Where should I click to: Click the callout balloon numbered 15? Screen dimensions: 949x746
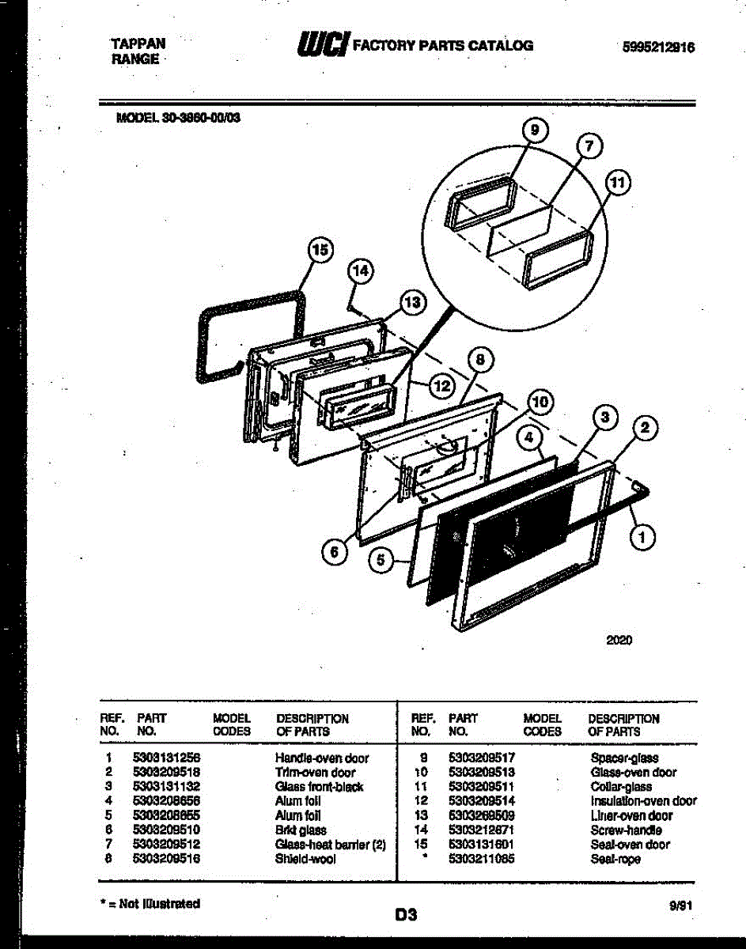pyautogui.click(x=318, y=251)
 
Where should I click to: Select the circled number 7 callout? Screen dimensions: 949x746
pyautogui.click(x=588, y=146)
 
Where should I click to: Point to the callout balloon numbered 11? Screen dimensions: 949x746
pyautogui.click(x=619, y=183)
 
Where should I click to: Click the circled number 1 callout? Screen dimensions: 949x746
pyautogui.click(x=642, y=539)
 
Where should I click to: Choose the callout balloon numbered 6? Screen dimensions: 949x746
pyautogui.click(x=334, y=552)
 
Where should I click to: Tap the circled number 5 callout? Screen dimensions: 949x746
pyautogui.click(x=381, y=560)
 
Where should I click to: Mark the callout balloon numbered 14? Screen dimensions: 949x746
pyautogui.click(x=360, y=271)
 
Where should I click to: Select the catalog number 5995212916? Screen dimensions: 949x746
pyautogui.click(x=659, y=47)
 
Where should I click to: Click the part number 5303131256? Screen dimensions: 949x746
pyautogui.click(x=166, y=758)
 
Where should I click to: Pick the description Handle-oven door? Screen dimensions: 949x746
pyautogui.click(x=321, y=758)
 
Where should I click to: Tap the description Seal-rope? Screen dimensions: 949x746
pyautogui.click(x=615, y=859)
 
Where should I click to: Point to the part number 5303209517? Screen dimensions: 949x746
pyautogui.click(x=481, y=758)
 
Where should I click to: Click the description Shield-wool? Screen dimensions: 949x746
pyautogui.click(x=305, y=859)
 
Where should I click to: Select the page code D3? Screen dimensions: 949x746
pyautogui.click(x=406, y=916)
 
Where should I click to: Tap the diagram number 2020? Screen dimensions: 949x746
pyautogui.click(x=619, y=641)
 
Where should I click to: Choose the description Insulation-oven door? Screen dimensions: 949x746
pyautogui.click(x=643, y=801)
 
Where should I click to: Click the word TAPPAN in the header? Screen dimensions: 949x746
pyautogui.click(x=138, y=45)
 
